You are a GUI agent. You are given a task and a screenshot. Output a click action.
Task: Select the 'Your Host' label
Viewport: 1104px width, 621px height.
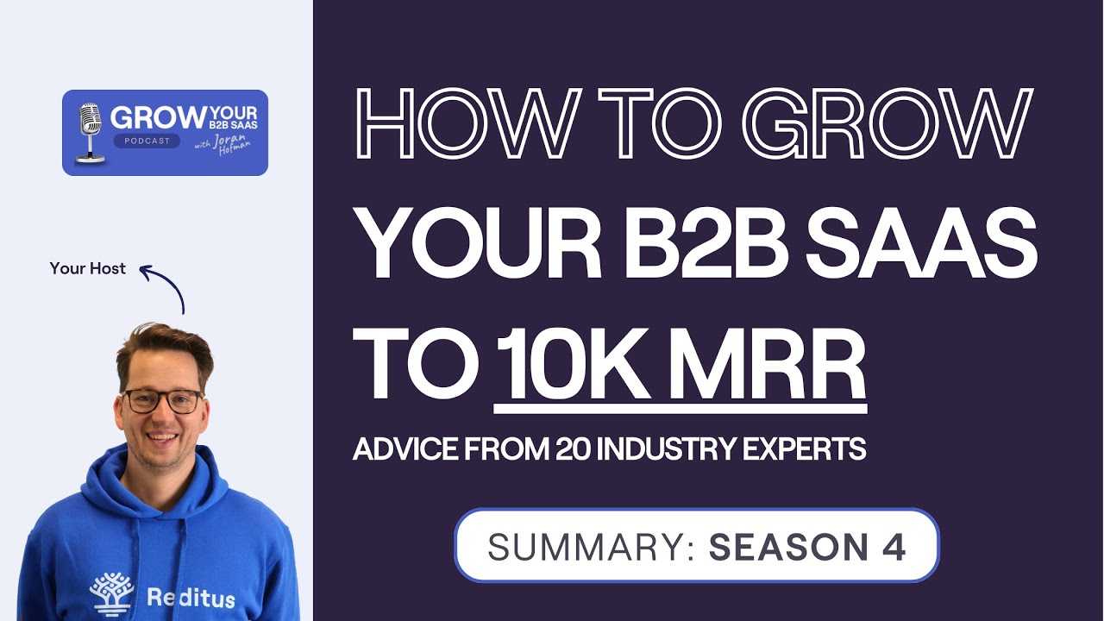pyautogui.click(x=88, y=268)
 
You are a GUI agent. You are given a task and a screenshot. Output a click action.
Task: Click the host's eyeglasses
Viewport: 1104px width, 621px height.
pyautogui.click(x=162, y=400)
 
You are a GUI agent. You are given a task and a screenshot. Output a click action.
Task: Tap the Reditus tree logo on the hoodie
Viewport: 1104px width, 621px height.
pyautogui.click(x=112, y=593)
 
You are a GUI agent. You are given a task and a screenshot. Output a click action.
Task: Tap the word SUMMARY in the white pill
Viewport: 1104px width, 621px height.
pyautogui.click(x=591, y=547)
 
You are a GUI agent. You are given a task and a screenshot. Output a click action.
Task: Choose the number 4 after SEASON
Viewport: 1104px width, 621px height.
pyautogui.click(x=894, y=547)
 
